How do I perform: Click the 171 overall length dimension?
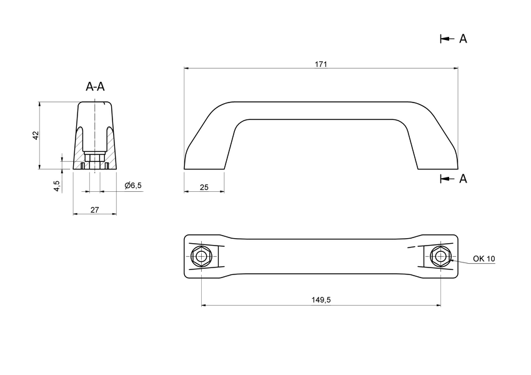click(x=321, y=64)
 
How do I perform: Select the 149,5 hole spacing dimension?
click(x=320, y=300)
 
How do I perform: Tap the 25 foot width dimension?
click(x=204, y=187)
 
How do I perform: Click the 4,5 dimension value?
click(x=57, y=186)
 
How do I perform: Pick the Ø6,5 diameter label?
click(x=133, y=186)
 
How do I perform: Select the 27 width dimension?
click(x=94, y=210)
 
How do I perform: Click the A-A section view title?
click(x=95, y=87)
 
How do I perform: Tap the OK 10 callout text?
click(x=484, y=258)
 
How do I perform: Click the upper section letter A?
click(x=463, y=39)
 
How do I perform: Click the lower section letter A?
click(x=463, y=179)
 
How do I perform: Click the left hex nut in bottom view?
click(x=201, y=256)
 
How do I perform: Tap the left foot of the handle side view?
click(x=204, y=159)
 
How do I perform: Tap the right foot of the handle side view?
click(x=437, y=159)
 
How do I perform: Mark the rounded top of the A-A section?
click(x=94, y=104)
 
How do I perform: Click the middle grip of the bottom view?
click(x=321, y=256)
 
